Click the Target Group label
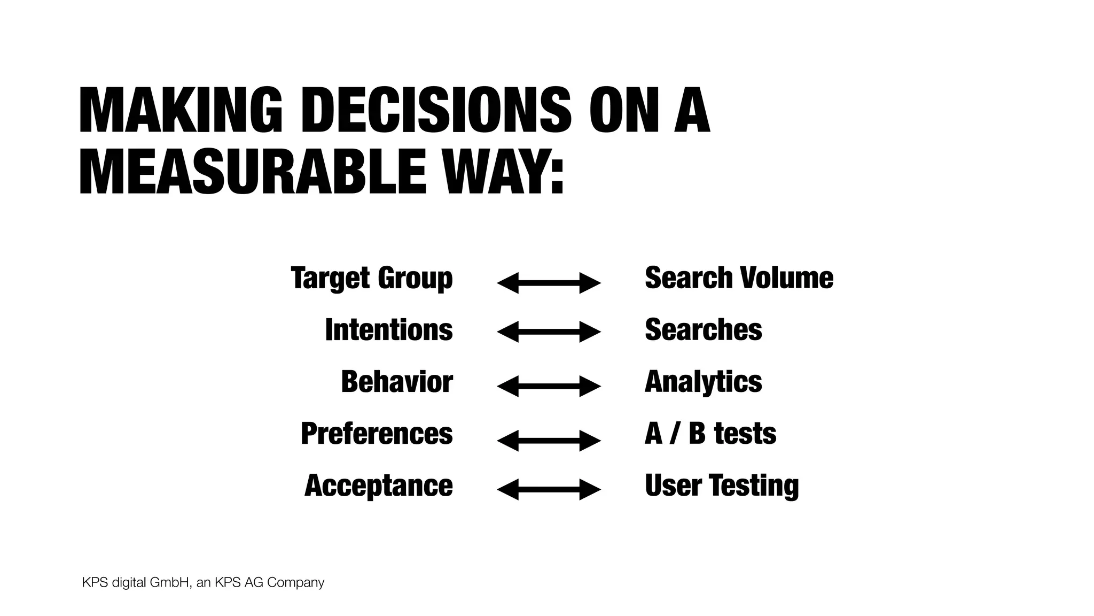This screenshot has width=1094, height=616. [x=372, y=278]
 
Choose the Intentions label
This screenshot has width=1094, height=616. [x=389, y=329]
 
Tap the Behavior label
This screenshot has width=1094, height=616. [x=397, y=381]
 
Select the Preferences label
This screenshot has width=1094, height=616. [x=377, y=433]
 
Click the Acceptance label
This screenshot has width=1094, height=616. [x=379, y=485]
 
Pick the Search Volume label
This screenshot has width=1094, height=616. [x=739, y=278]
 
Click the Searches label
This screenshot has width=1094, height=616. [x=703, y=329]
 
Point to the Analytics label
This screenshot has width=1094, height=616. [x=703, y=382]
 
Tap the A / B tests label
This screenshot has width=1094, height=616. [x=710, y=433]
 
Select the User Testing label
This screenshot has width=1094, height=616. [x=721, y=485]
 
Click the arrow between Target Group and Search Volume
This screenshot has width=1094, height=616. [x=549, y=283]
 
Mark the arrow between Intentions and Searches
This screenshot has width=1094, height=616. [x=549, y=332]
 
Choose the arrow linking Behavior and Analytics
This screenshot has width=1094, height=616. [x=549, y=386]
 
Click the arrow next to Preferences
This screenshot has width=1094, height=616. [x=549, y=441]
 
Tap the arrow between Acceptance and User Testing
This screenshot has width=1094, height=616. [x=549, y=489]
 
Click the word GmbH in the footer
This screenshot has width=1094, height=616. [x=169, y=582]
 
